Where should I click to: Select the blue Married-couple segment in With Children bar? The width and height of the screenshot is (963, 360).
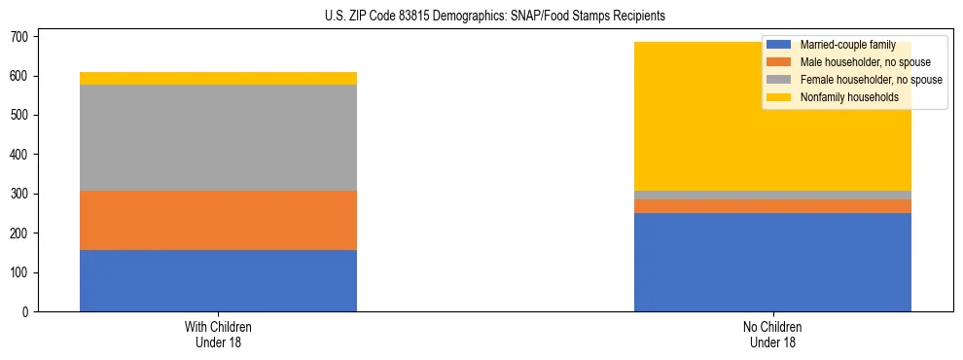pyautogui.click(x=218, y=280)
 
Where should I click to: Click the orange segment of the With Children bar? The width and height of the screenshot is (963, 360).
pyautogui.click(x=218, y=220)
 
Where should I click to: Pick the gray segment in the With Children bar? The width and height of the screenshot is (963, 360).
pyautogui.click(x=218, y=137)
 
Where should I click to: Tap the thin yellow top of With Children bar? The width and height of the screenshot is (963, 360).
pyautogui.click(x=218, y=78)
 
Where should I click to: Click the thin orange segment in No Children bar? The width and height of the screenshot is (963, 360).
pyautogui.click(x=772, y=206)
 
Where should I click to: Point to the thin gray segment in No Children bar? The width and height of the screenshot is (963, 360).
pyautogui.click(x=772, y=195)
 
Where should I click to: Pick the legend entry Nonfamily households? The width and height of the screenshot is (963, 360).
pyautogui.click(x=842, y=97)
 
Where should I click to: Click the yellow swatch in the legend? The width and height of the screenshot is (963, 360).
pyautogui.click(x=779, y=97)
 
